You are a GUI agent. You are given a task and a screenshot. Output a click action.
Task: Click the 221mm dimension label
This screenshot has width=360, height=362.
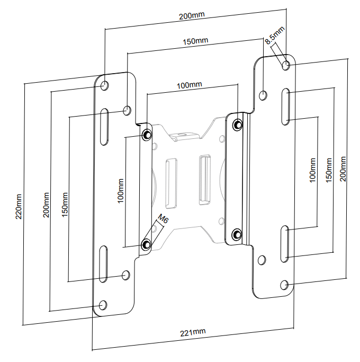click(x=193, y=332)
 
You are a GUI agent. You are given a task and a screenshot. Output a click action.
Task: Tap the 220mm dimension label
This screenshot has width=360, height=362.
click(x=18, y=207)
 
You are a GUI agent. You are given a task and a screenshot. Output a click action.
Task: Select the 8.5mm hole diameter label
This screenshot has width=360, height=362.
click(x=274, y=35)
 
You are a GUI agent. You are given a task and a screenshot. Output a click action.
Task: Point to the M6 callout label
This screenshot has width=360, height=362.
click(x=163, y=219)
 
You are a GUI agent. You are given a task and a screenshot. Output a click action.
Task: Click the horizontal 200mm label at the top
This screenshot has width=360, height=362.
click(x=192, y=15)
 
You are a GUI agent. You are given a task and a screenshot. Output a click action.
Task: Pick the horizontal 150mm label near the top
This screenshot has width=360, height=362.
click(x=195, y=41)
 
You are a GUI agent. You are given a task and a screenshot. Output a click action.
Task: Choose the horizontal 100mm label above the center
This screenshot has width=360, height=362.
click(x=190, y=85)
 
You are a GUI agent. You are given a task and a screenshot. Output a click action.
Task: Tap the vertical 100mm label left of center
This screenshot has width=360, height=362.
click(x=121, y=191)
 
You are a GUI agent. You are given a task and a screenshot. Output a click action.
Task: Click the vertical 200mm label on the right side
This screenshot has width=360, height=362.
click(x=343, y=169)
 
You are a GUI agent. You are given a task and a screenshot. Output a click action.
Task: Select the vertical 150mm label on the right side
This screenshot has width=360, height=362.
click(x=329, y=170)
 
